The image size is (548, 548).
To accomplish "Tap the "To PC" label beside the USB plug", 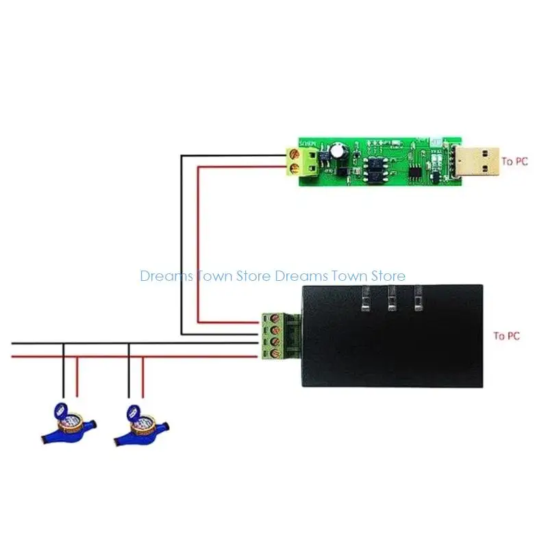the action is pos(514,162).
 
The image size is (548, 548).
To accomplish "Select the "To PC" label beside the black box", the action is pos(506,336).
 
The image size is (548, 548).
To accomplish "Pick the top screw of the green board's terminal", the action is pos(295,155).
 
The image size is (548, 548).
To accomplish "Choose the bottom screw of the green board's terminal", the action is pos(295,168).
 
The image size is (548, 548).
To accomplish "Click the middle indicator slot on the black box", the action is pos(392,299).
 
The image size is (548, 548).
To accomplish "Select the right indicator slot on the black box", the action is pos(418,299).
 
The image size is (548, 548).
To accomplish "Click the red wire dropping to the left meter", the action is pos(77,376).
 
